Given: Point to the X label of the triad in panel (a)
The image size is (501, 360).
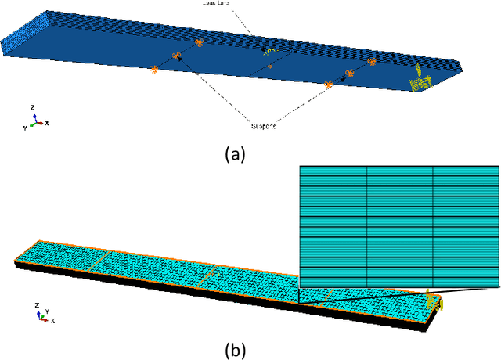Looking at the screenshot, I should click(48, 123).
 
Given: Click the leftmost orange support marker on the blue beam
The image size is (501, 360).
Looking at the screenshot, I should click(153, 70).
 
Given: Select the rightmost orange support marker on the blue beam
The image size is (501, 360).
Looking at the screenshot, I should click(372, 61).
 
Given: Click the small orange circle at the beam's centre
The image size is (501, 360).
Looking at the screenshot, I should click(269, 67).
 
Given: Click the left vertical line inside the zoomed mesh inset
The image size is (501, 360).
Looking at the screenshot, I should click(367, 226).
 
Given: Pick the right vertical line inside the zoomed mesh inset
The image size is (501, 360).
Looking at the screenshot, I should click(433, 226).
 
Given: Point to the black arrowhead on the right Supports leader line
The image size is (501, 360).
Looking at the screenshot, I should click(343, 78).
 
